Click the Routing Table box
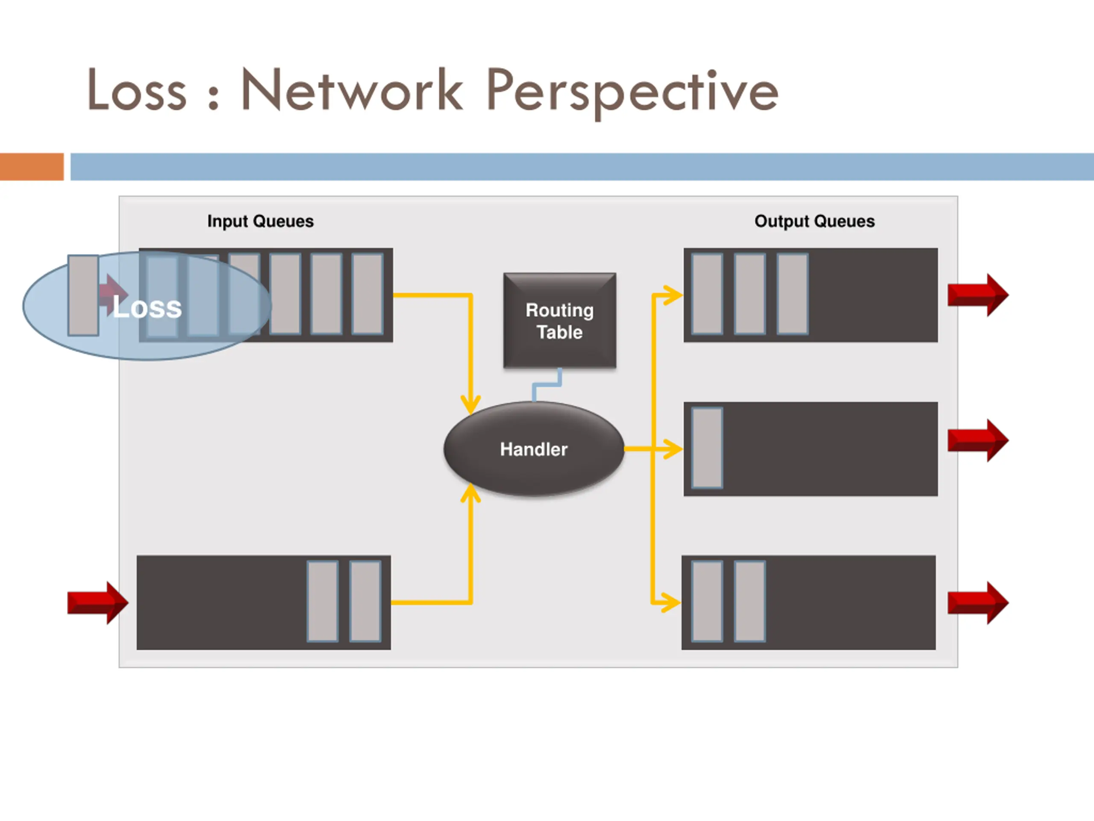coord(559,321)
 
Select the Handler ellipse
coord(534,449)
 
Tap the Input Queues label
coord(260,221)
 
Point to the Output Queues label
coord(814,221)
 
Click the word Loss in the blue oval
coord(147,308)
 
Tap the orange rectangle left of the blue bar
coord(32,167)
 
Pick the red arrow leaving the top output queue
coord(977,295)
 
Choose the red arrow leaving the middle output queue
coord(977,440)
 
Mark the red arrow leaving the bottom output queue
coord(977,603)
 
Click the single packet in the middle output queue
coord(707,448)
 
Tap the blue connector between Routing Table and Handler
coord(547,385)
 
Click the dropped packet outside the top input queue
coord(83,295)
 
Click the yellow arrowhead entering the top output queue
coord(673,295)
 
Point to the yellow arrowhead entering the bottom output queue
coord(671,603)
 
